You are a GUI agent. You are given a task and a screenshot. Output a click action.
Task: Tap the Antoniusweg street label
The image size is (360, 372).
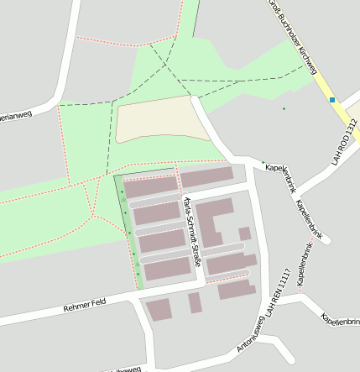tap(252, 334)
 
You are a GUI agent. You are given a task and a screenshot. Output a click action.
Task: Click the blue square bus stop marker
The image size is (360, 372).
tap(332, 100)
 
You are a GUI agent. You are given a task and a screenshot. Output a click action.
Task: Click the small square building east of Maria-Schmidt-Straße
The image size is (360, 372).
tap(244, 233)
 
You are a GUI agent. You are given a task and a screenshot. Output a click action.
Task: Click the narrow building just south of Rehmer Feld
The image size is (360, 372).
tap(195, 303)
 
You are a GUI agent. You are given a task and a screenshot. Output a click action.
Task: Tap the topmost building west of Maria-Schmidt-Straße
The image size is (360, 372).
tap(151, 187)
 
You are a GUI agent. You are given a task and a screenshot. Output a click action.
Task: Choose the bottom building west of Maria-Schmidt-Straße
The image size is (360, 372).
tap(167, 269)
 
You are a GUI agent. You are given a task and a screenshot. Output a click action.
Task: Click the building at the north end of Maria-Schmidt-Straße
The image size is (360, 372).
tap(206, 176)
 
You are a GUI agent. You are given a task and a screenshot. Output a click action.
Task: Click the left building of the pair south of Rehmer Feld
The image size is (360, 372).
tap(158, 309)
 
